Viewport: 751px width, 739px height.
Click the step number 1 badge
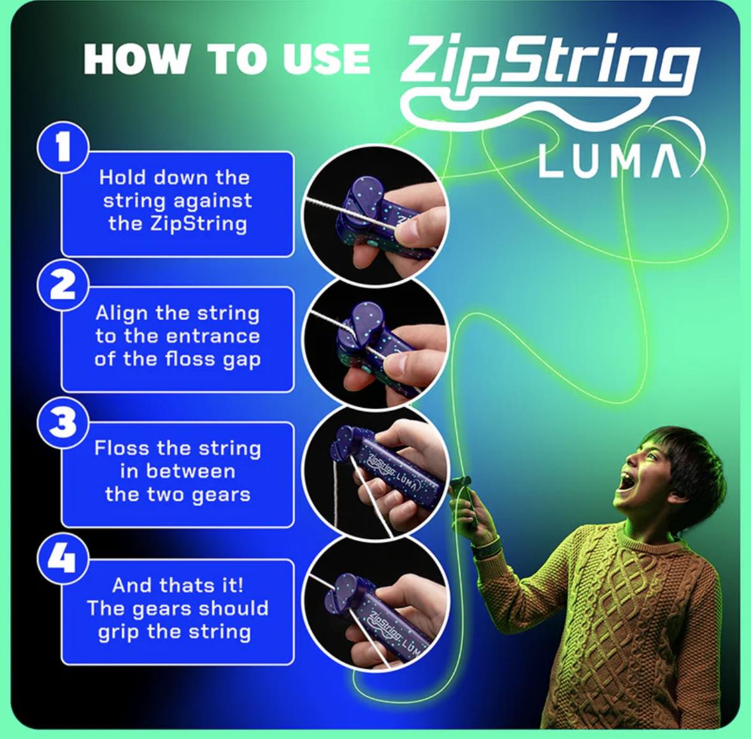pos(62,148)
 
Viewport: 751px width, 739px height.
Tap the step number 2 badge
pos(62,285)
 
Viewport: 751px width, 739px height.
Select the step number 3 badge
pos(62,422)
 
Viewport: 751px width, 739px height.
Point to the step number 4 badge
pos(62,559)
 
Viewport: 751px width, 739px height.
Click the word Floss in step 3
pos(122,448)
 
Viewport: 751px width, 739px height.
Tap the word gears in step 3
pos(221,495)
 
